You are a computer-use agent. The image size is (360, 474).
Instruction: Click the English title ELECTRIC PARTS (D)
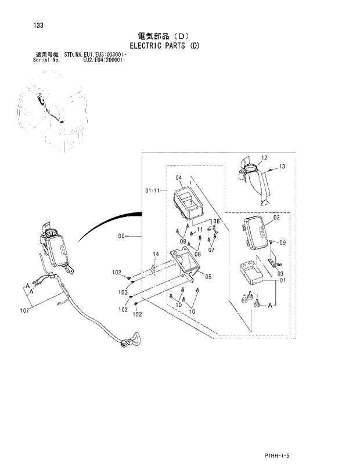point(164,45)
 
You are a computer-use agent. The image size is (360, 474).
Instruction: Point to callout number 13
point(282,167)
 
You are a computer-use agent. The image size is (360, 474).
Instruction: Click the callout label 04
point(179,178)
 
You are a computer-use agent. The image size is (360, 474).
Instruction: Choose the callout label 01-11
point(153,190)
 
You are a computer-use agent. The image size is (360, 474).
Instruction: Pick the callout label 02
point(276,218)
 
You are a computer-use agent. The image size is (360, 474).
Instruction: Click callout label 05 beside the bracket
point(208,277)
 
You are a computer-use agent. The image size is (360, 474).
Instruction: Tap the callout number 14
point(156,254)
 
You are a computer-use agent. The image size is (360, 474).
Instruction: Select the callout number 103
point(123,292)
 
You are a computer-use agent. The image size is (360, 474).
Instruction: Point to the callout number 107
point(24,312)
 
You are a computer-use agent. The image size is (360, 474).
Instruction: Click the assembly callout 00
point(121,236)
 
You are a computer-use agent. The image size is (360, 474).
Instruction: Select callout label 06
point(216,222)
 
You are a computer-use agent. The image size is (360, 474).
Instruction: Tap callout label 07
point(211,250)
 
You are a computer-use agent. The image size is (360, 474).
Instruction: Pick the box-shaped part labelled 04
point(188,204)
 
